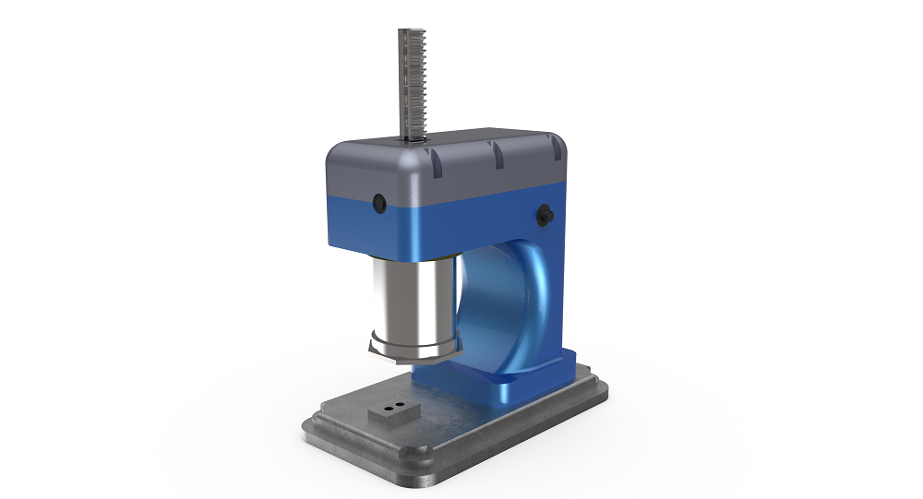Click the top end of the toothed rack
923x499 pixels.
[x=410, y=34]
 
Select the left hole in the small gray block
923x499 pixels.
[x=389, y=407]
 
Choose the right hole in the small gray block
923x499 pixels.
[x=402, y=404]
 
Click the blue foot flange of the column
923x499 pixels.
[x=480, y=387]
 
